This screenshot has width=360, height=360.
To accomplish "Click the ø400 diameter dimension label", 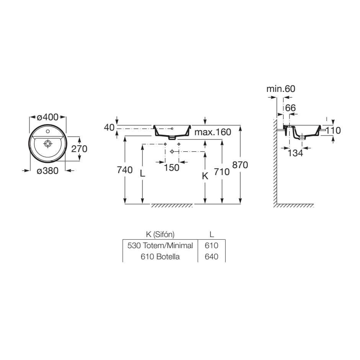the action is coord(47,117).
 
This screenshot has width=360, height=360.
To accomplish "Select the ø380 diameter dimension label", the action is coord(47,171).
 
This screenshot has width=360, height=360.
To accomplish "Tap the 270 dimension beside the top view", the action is coord(79,149).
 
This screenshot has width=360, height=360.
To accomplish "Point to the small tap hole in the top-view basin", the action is coord(48,131).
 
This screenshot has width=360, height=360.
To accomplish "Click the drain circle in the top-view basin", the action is coord(48,144).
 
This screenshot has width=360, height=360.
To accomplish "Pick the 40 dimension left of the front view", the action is coord(109,127).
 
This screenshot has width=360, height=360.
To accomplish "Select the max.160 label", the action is coord(213,132).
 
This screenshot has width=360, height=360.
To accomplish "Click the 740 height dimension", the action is coord(125,170).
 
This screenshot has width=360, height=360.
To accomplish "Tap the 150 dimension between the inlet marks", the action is coord(172,168).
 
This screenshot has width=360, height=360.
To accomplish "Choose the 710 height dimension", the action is coord(222,172).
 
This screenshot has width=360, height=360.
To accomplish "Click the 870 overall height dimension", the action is coord(240,165).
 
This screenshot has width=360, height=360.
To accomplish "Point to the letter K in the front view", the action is coord(205,176).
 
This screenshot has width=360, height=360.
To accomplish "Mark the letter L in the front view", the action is coord(142,173).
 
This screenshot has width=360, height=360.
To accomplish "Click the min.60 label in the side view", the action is coord(281,88).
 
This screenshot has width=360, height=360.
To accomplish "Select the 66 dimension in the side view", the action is coord(290,108).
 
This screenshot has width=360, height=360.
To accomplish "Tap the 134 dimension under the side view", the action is coord(295,153).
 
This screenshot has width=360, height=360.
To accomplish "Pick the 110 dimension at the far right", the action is coord(333,131).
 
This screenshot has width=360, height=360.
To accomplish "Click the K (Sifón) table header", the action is coord(160,234).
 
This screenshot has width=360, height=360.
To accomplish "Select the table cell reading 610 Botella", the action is coord(160,257).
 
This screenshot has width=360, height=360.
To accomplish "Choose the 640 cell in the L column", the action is coord(211,257).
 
